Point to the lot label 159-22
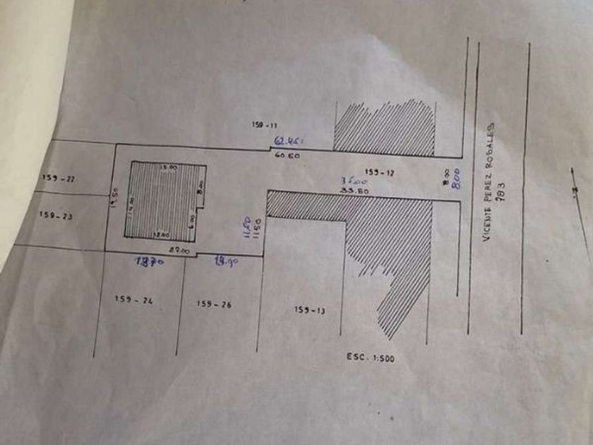[59, 178]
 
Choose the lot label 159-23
[56, 215]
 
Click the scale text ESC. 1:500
[371, 358]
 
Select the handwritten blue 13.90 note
[224, 261]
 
